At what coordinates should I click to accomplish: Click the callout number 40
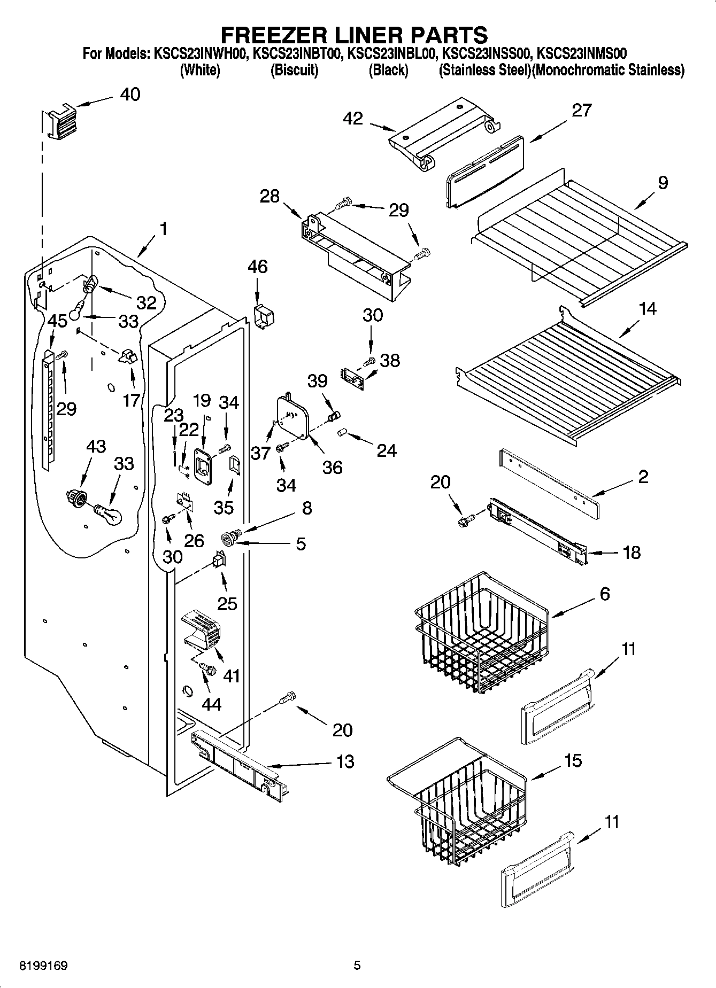pyautogui.click(x=130, y=95)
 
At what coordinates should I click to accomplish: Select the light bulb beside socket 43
pyautogui.click(x=110, y=514)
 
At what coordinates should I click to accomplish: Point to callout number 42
pyautogui.click(x=354, y=119)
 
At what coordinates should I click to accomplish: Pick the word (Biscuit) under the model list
pyautogui.click(x=294, y=70)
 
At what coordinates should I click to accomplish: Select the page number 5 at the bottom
pyautogui.click(x=357, y=966)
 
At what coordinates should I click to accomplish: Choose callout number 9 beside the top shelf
pyautogui.click(x=663, y=183)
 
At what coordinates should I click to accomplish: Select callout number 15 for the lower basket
pyautogui.click(x=573, y=760)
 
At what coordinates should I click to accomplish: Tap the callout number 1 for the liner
pyautogui.click(x=163, y=229)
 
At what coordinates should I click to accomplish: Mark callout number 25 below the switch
pyautogui.click(x=227, y=603)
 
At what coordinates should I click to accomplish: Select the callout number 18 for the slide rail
pyautogui.click(x=632, y=552)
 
